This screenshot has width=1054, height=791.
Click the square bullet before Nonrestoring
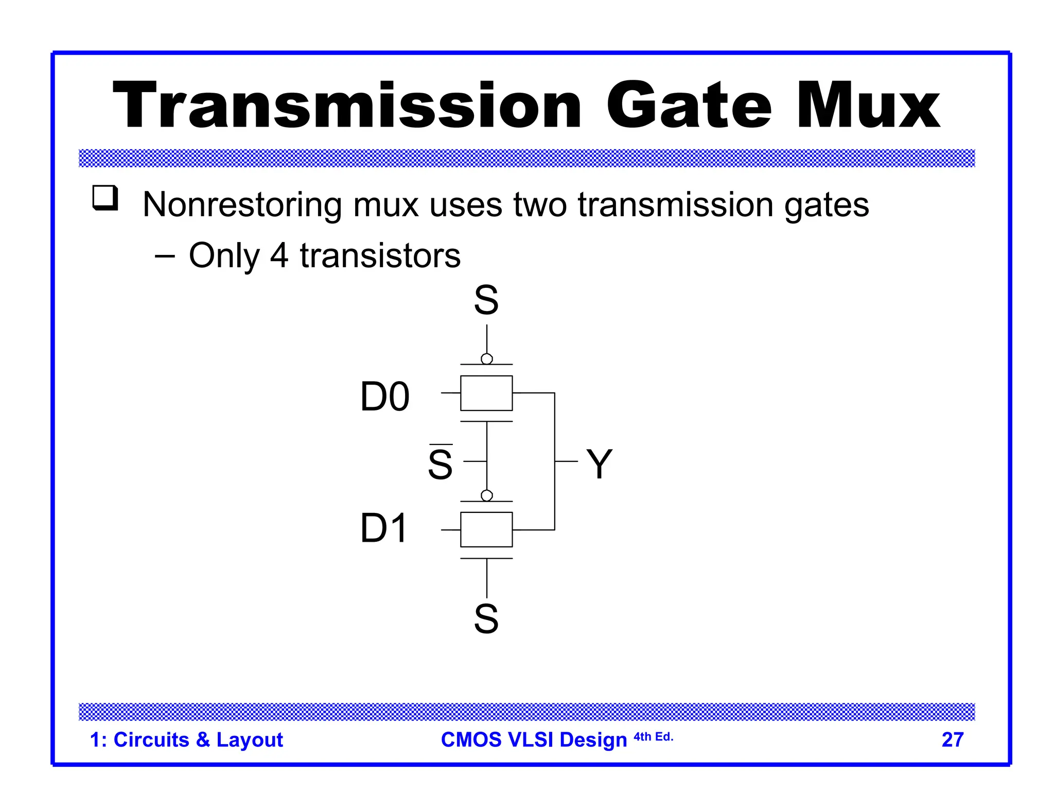[x=105, y=198]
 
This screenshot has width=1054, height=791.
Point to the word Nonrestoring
[x=242, y=205]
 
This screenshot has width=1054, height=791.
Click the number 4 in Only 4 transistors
[x=279, y=255]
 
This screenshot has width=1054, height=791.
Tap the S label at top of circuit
[x=486, y=300]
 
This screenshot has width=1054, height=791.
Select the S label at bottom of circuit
[x=486, y=618]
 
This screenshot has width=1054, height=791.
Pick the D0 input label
[x=385, y=397]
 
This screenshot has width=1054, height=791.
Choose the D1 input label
[x=384, y=528]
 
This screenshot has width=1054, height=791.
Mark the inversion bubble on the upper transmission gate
[x=487, y=358]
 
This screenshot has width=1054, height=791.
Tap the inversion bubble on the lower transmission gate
[x=487, y=495]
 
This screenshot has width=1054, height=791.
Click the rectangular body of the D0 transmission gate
[x=486, y=393]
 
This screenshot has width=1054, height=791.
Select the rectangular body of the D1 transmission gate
[x=486, y=529]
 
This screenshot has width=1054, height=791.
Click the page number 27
[x=952, y=740]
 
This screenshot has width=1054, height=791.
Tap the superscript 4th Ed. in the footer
[x=653, y=737]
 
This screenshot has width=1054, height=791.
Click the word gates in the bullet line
[x=827, y=205]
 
